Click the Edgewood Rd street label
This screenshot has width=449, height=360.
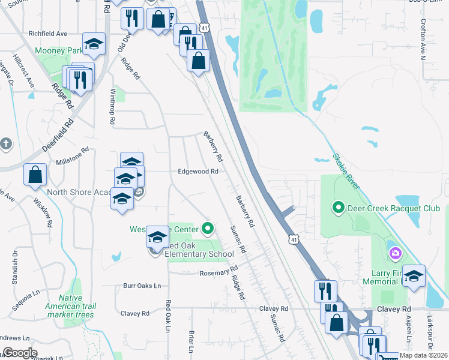coord(197,171)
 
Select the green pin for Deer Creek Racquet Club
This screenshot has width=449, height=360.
coord(338,208)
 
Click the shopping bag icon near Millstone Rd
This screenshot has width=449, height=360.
coord(35,175)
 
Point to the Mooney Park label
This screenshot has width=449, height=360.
coord(59,51)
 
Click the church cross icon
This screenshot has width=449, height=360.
coord(6,144)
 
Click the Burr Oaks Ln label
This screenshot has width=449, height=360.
coord(143,286)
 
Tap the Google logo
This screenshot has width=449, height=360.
coord(20,352)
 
